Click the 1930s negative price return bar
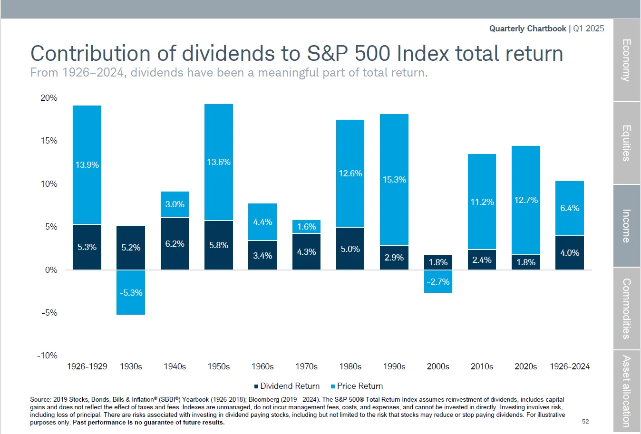pos(131,292)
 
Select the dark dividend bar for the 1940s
pos(175,243)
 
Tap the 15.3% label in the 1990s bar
pos(394,180)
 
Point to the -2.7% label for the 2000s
pos(438,282)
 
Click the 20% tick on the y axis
pos(49,98)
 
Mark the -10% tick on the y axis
pos(48,356)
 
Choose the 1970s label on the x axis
pos(306,366)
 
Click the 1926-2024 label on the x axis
pos(570,366)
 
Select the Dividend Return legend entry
pos(287,386)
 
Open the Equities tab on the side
pos(627,143)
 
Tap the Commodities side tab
pos(627,309)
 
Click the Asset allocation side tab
pos(627,391)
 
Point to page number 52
pos(585,422)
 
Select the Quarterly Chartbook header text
pos(527,29)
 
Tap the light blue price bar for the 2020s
pos(526,200)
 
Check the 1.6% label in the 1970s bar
pos(306,227)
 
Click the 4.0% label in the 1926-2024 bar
pos(570,253)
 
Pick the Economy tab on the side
pos(627,60)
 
